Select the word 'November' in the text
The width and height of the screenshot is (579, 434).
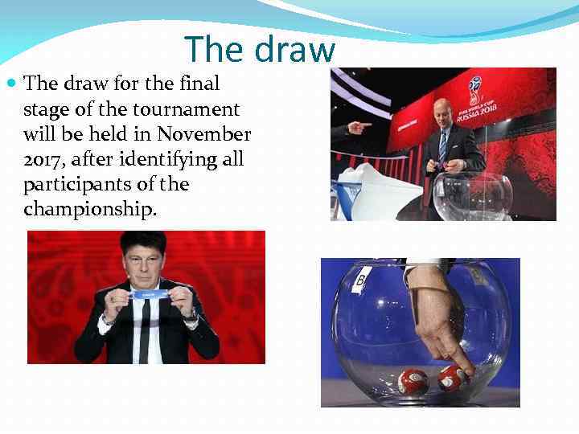pos(205,133)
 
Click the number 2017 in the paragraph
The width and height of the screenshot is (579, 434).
pos(41,159)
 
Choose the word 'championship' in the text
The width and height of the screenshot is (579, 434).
pos(88,210)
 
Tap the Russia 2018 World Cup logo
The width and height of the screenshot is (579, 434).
pos(477,100)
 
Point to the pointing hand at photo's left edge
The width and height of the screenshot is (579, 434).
pos(358,128)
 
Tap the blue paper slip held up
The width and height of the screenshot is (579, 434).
pos(146,295)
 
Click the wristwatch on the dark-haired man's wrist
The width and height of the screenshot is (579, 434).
pos(191,316)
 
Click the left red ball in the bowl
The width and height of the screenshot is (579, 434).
pos(413,381)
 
